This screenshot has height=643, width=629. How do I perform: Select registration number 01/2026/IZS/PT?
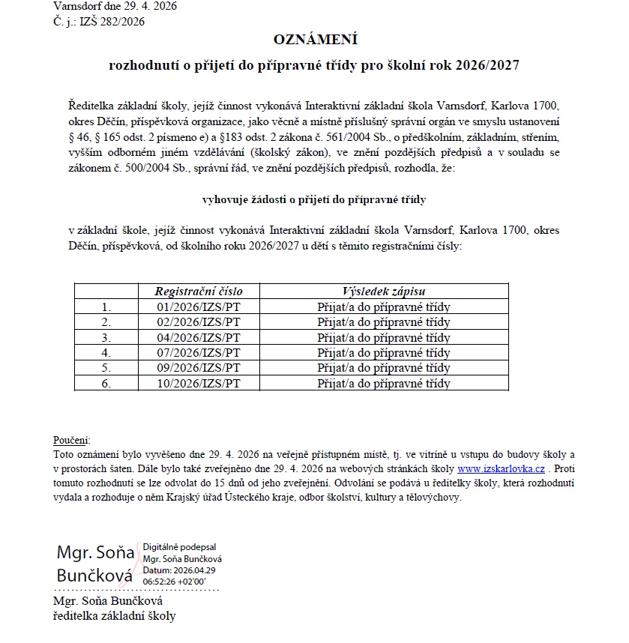point(198,307)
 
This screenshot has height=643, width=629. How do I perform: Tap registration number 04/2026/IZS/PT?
point(198,337)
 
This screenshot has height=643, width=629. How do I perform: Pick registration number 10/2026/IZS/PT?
point(198,384)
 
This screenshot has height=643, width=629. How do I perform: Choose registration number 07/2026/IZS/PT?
point(198,353)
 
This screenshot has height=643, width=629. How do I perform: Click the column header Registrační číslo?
point(198,292)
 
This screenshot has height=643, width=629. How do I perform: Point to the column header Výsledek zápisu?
point(384,292)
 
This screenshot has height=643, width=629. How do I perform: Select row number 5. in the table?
point(106,369)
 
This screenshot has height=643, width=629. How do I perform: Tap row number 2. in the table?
point(106,322)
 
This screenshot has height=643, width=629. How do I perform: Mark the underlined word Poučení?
point(71,440)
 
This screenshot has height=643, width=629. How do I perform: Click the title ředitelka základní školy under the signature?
point(114,616)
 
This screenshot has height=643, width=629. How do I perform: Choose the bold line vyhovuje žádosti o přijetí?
point(314,200)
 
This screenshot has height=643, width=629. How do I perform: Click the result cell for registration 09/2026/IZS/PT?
point(384,369)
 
